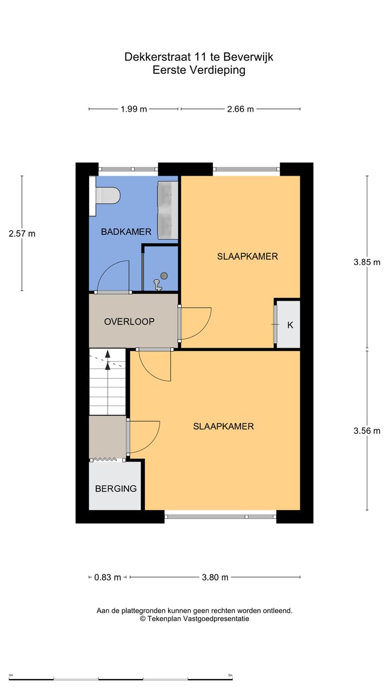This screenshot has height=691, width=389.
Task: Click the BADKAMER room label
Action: pos(126,232)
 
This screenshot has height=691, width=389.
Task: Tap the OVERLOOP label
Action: pos(129,322)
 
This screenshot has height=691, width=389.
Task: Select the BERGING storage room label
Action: pos(116,489)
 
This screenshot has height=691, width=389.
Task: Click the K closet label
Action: pos(290,325)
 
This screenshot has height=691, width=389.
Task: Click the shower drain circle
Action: pos(164,276)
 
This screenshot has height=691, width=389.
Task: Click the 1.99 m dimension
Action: pos(133,109)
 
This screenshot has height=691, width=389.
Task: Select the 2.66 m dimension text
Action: pos(240,109)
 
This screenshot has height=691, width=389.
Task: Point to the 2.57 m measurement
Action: pos(22,234)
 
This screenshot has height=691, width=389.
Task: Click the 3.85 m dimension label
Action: pos(367,262)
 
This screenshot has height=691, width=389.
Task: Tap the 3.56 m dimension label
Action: pos(367,431)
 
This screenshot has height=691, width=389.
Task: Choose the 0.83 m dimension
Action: pos(108,577)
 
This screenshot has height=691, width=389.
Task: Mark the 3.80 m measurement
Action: pos(215,577)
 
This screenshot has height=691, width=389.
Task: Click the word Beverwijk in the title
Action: pos(247,57)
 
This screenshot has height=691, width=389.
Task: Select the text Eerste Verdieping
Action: pos(198,70)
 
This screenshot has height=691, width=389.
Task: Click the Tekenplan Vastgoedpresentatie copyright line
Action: pos(194,619)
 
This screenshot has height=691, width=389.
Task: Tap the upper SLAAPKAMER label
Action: pos(247,256)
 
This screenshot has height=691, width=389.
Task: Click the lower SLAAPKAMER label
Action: pos(223,426)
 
